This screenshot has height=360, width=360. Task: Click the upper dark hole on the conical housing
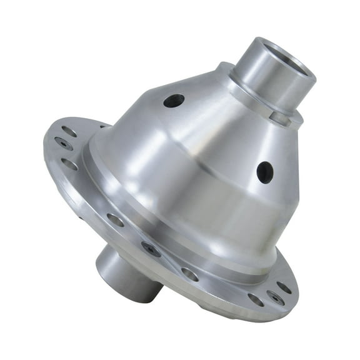tap(174, 100)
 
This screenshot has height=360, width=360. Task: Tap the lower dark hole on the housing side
tap(264, 172)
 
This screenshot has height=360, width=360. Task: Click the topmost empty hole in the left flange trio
tap(69, 131)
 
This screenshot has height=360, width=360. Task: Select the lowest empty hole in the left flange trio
tap(70, 164)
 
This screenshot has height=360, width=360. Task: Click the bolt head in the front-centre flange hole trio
tap(151, 248)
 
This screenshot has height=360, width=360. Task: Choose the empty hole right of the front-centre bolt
tap(189, 273)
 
